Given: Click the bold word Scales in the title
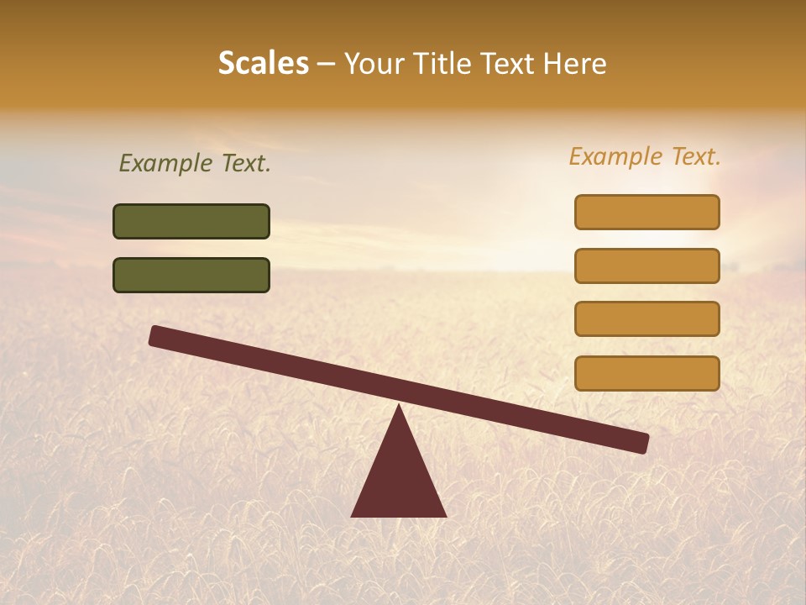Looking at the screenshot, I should tap(263, 63).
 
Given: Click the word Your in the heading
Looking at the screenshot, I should tap(374, 63).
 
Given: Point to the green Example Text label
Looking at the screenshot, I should tap(195, 164).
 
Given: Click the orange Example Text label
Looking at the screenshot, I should tap(645, 156).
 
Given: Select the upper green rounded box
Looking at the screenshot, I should tap(191, 221).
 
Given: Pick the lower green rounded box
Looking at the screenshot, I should tap(191, 275).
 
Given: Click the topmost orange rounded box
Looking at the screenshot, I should tap(647, 212).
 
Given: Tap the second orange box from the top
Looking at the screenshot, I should tap(647, 266).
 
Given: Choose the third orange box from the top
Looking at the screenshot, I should tap(647, 318).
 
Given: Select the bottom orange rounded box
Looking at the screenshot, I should tap(647, 373).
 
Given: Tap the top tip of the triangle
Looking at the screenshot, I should tap(399, 407).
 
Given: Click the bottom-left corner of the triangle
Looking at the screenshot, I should tap(353, 515).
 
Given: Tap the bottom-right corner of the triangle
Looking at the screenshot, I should tap(445, 515).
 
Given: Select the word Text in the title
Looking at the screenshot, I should tap(509, 63).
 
